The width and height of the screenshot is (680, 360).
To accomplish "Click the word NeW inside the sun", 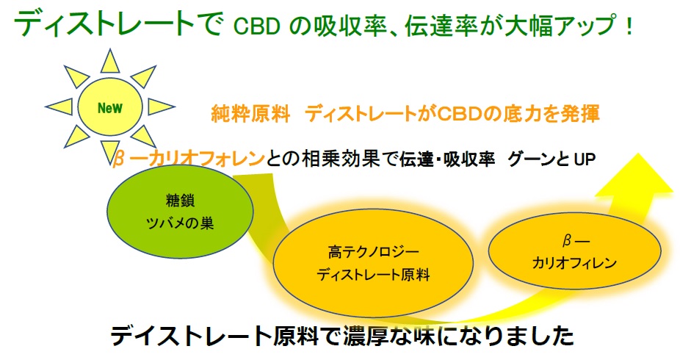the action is (110, 107).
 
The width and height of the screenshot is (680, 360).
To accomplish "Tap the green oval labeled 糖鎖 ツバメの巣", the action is (180, 212).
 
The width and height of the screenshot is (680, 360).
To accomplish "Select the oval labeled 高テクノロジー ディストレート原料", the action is (373, 263).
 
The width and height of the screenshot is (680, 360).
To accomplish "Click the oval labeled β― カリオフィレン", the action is (574, 251).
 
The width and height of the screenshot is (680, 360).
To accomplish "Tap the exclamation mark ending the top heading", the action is (629, 26).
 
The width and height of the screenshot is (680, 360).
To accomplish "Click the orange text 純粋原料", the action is (250, 114).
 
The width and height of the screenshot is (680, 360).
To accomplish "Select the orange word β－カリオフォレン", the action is (188, 159).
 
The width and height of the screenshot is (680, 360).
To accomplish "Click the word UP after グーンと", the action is (585, 159).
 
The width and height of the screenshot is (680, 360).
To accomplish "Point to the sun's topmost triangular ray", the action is (110, 61).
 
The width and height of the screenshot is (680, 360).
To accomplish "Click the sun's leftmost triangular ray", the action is (59, 107).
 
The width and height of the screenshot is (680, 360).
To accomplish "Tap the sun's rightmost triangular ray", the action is (162, 107).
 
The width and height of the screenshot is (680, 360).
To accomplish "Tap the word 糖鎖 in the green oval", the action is (180, 201).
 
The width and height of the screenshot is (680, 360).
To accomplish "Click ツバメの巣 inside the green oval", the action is (180, 223).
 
